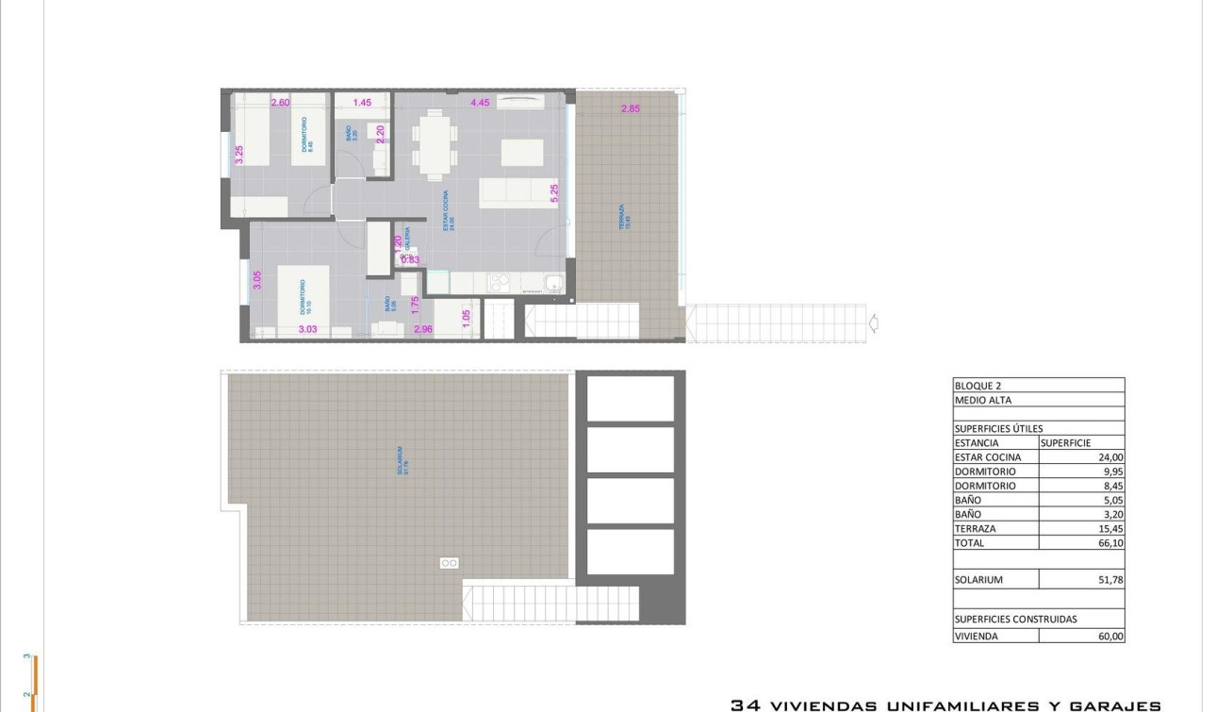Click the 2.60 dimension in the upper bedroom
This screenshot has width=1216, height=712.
click(x=280, y=102)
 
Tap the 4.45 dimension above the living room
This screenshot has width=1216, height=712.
click(x=480, y=102)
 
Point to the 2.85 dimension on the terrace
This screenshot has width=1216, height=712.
click(x=631, y=108)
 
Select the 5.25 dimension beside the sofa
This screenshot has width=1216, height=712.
click(x=554, y=194)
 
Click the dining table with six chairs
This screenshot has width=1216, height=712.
click(x=434, y=143)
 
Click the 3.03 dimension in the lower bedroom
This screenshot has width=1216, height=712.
click(x=307, y=329)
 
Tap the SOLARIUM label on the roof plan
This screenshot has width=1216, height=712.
click(x=401, y=460)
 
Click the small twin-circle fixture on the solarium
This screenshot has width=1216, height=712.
click(x=449, y=562)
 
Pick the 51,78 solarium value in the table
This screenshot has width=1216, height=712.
click(x=1109, y=580)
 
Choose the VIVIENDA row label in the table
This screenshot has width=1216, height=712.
click(x=978, y=636)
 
